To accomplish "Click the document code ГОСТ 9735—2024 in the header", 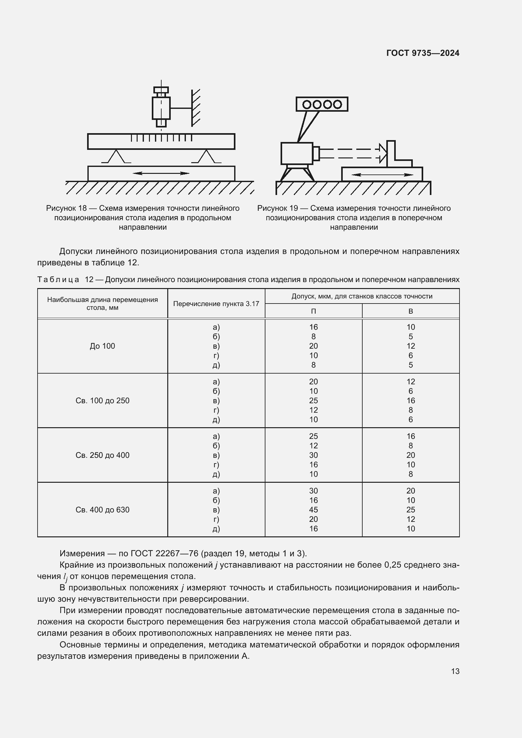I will (x=423, y=53).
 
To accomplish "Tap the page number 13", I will (x=455, y=671).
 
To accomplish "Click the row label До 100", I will (x=102, y=346).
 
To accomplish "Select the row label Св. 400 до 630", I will (x=102, y=510).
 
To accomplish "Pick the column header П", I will (x=313, y=311).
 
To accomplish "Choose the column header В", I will (x=411, y=311).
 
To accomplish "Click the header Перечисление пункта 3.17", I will (x=216, y=304).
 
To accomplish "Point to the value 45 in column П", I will (x=313, y=510).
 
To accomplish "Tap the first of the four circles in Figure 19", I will (x=307, y=104).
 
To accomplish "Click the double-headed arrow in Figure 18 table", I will (x=161, y=174).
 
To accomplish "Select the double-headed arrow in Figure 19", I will (x=382, y=175).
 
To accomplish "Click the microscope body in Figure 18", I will (x=161, y=108).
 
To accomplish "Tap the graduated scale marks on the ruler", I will (x=161, y=138).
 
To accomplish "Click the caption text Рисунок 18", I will (x=66, y=208).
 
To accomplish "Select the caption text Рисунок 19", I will (x=277, y=208).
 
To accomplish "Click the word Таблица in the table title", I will (x=58, y=280).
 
